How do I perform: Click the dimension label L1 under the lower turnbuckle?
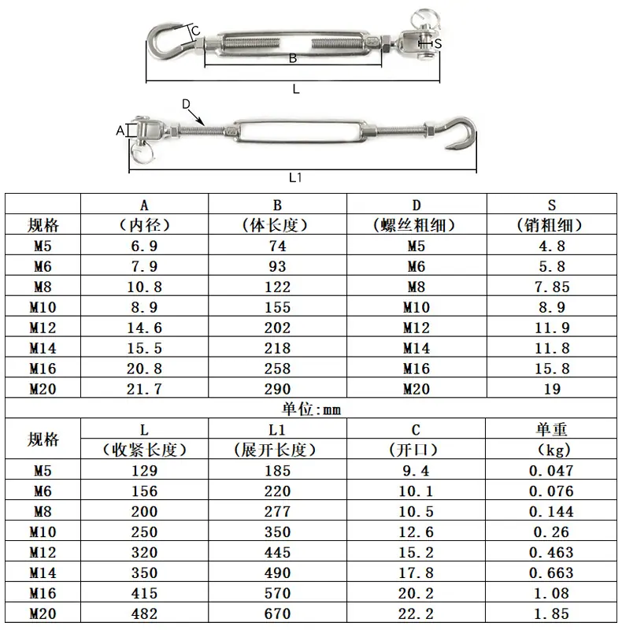click(x=295, y=177)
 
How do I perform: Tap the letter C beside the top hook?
click(x=196, y=31)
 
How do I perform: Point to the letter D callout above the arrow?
click(x=186, y=104)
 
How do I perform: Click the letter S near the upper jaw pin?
click(x=438, y=43)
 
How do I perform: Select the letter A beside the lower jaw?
click(x=120, y=131)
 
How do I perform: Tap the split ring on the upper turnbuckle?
click(x=425, y=19)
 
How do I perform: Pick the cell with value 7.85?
click(x=552, y=287)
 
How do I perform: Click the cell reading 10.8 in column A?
click(x=144, y=287)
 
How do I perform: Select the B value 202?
click(x=277, y=328)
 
